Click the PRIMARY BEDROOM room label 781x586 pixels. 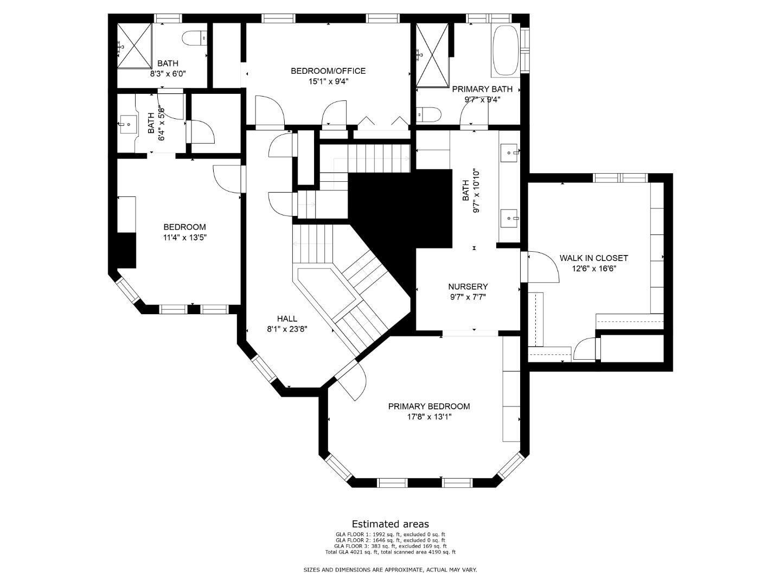429,406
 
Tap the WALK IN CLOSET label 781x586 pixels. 593,258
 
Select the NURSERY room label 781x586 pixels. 468,286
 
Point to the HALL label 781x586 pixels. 287,319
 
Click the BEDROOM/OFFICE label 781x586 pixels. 328,71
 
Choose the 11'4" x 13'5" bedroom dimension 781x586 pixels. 184,238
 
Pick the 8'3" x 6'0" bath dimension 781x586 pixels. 168,74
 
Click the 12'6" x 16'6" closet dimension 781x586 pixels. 594,269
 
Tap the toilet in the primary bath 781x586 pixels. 429,114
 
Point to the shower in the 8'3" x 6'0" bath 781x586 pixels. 135,46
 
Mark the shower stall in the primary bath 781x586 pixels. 432,55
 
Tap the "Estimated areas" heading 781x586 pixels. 390,524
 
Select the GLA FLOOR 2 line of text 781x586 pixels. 390,540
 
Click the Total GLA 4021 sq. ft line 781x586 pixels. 390,552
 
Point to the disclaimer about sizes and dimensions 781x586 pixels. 390,570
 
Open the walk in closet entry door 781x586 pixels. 541,267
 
